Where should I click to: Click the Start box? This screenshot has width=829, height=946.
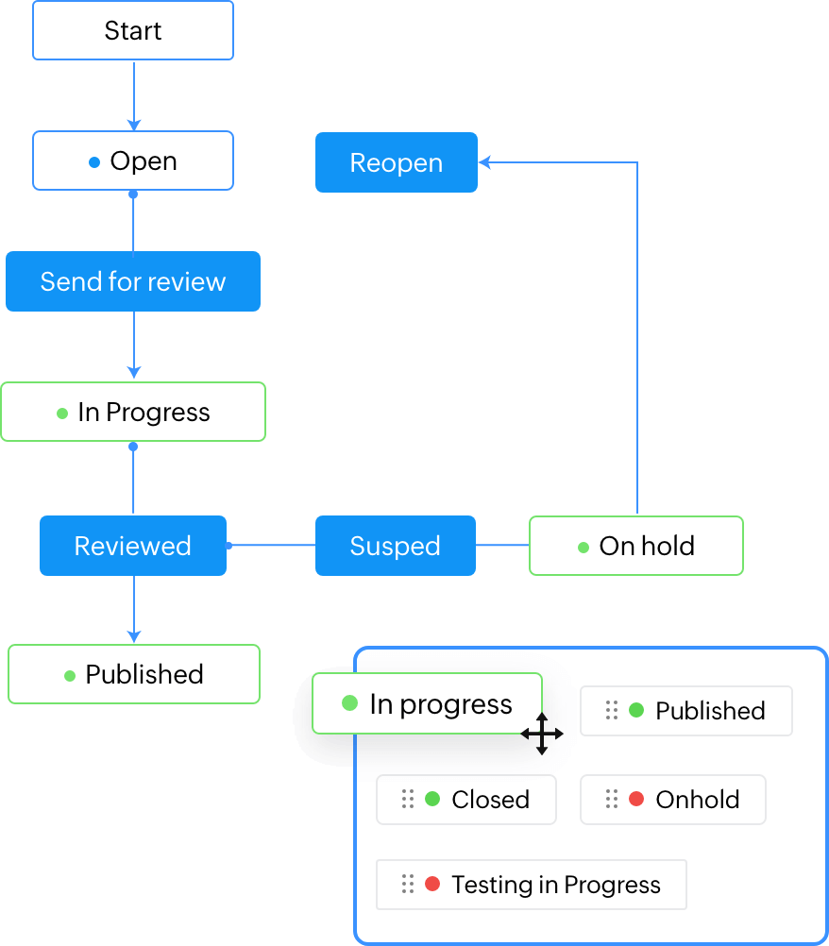click(x=133, y=30)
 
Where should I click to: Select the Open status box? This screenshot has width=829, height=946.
click(x=133, y=160)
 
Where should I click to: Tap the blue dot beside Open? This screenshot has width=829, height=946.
click(x=93, y=162)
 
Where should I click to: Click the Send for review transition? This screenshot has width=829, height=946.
click(x=133, y=281)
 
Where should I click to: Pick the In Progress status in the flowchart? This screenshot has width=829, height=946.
click(x=133, y=412)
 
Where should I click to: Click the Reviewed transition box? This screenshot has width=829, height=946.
click(x=133, y=546)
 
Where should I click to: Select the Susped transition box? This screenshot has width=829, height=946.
click(x=395, y=546)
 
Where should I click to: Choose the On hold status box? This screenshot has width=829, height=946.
click(x=635, y=546)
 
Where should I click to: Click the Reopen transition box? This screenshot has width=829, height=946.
click(x=396, y=162)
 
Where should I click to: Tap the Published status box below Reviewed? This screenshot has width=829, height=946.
click(x=133, y=674)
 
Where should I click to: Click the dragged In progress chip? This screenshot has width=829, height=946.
click(x=427, y=703)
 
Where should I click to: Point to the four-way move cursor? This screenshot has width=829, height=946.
click(x=542, y=734)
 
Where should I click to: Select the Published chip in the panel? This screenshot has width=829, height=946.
click(x=685, y=711)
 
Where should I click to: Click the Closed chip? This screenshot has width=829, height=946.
click(x=466, y=800)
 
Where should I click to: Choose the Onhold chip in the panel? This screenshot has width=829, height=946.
click(x=672, y=800)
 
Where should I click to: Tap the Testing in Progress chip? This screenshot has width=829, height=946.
click(x=531, y=885)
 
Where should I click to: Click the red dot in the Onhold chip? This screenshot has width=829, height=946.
click(x=636, y=800)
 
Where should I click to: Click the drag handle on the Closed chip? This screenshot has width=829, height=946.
click(x=408, y=800)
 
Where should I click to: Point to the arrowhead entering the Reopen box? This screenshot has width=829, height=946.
click(x=484, y=162)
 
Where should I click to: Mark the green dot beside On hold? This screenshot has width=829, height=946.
click(x=584, y=548)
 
